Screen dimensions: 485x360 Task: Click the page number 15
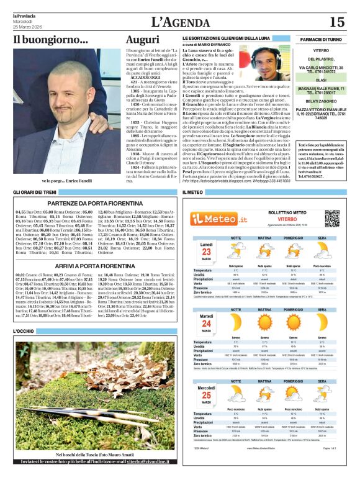[336, 22]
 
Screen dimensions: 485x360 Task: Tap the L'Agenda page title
[180, 22]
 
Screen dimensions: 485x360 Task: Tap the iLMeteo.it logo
[220, 218]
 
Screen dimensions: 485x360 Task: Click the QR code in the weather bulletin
[333, 218]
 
